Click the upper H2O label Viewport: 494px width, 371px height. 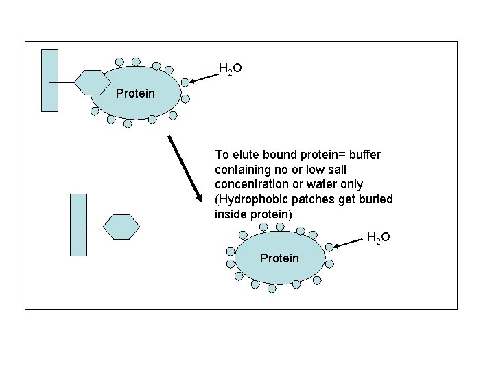coord(229,68)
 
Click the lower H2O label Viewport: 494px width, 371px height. coord(378,238)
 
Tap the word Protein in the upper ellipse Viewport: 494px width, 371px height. coord(135,93)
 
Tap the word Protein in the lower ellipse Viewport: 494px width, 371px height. coord(279,258)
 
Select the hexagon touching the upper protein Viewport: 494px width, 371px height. coord(93,82)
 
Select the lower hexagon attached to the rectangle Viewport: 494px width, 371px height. coord(121,226)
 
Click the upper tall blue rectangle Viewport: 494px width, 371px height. coord(49,80)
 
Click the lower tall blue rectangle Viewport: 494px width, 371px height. coord(79,225)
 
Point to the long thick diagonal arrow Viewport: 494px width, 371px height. coord(184,168)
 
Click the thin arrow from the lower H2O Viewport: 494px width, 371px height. coord(349,243)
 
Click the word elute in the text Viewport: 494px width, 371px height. coord(242,155)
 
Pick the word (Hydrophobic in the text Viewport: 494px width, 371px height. coord(247,199)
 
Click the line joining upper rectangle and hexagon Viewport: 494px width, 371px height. coord(66,82)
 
